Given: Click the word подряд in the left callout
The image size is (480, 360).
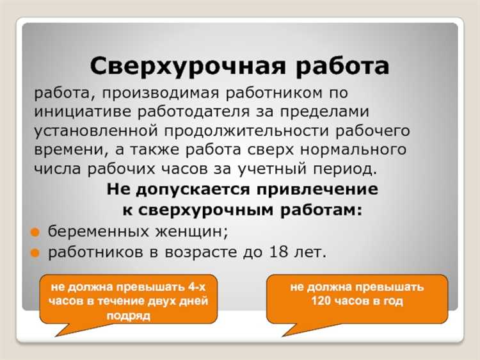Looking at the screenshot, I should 128,316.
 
